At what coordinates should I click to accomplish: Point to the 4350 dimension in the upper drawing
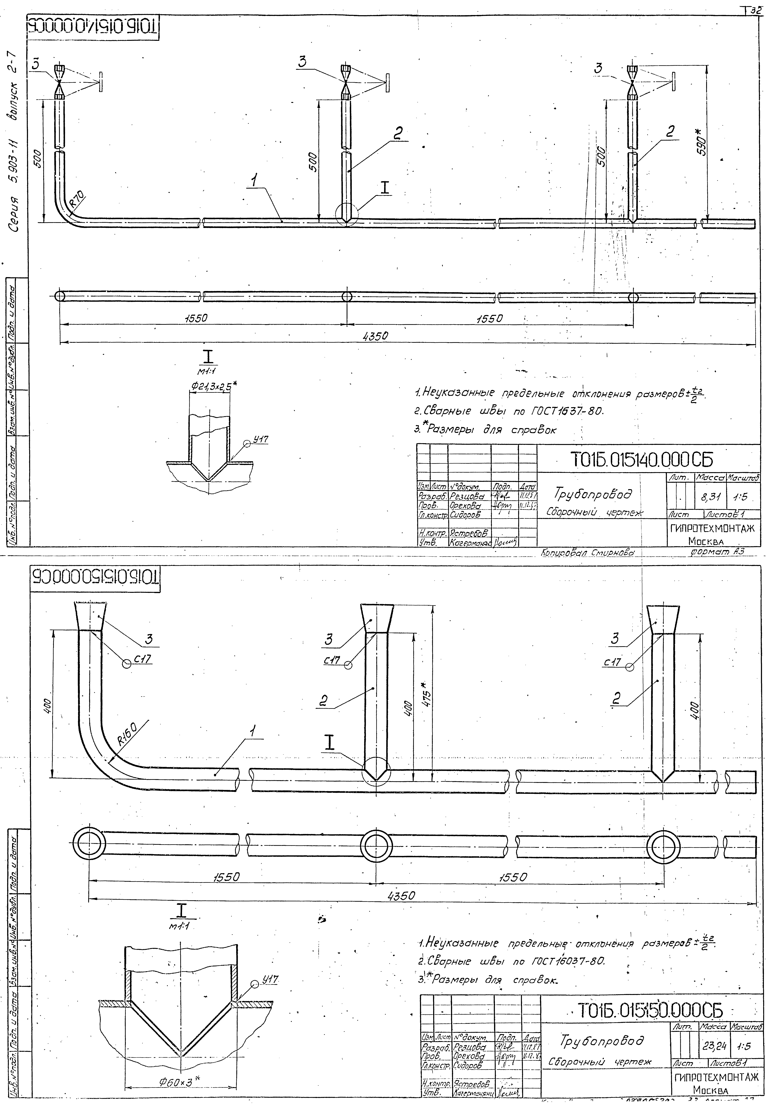[375, 336]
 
